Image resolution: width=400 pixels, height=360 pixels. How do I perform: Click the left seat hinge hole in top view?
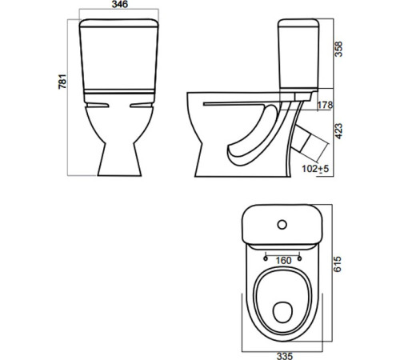pos(264,258)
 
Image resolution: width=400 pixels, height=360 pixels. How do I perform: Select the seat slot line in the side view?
pos(240,103)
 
